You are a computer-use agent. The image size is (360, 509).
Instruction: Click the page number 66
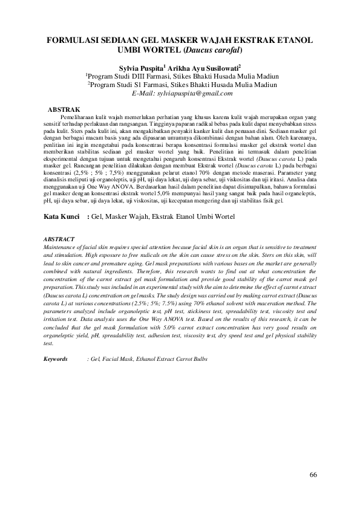pos(313,475)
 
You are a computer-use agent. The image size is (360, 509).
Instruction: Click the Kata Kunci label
pos(63,216)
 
